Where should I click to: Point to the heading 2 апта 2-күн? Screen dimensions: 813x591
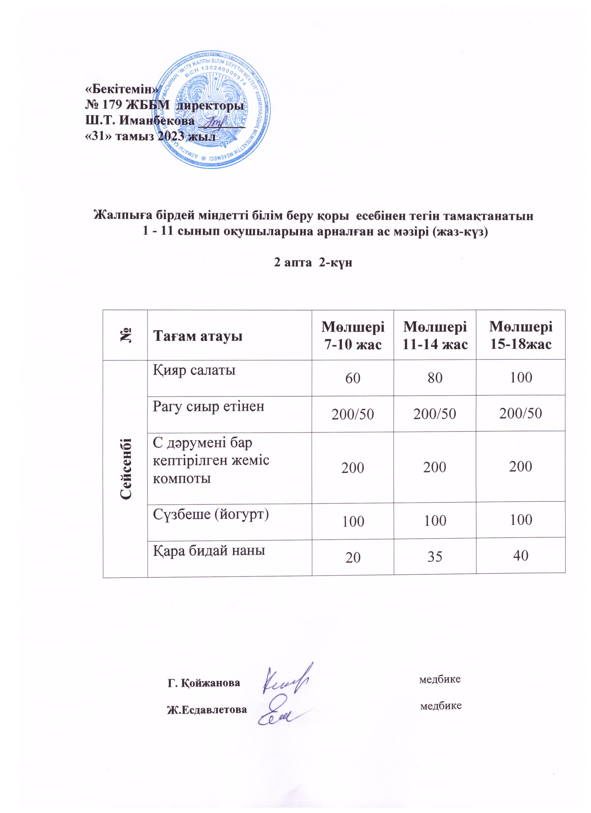(313, 263)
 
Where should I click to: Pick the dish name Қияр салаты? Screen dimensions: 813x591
(194, 370)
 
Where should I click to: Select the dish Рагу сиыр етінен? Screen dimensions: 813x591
(209, 406)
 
